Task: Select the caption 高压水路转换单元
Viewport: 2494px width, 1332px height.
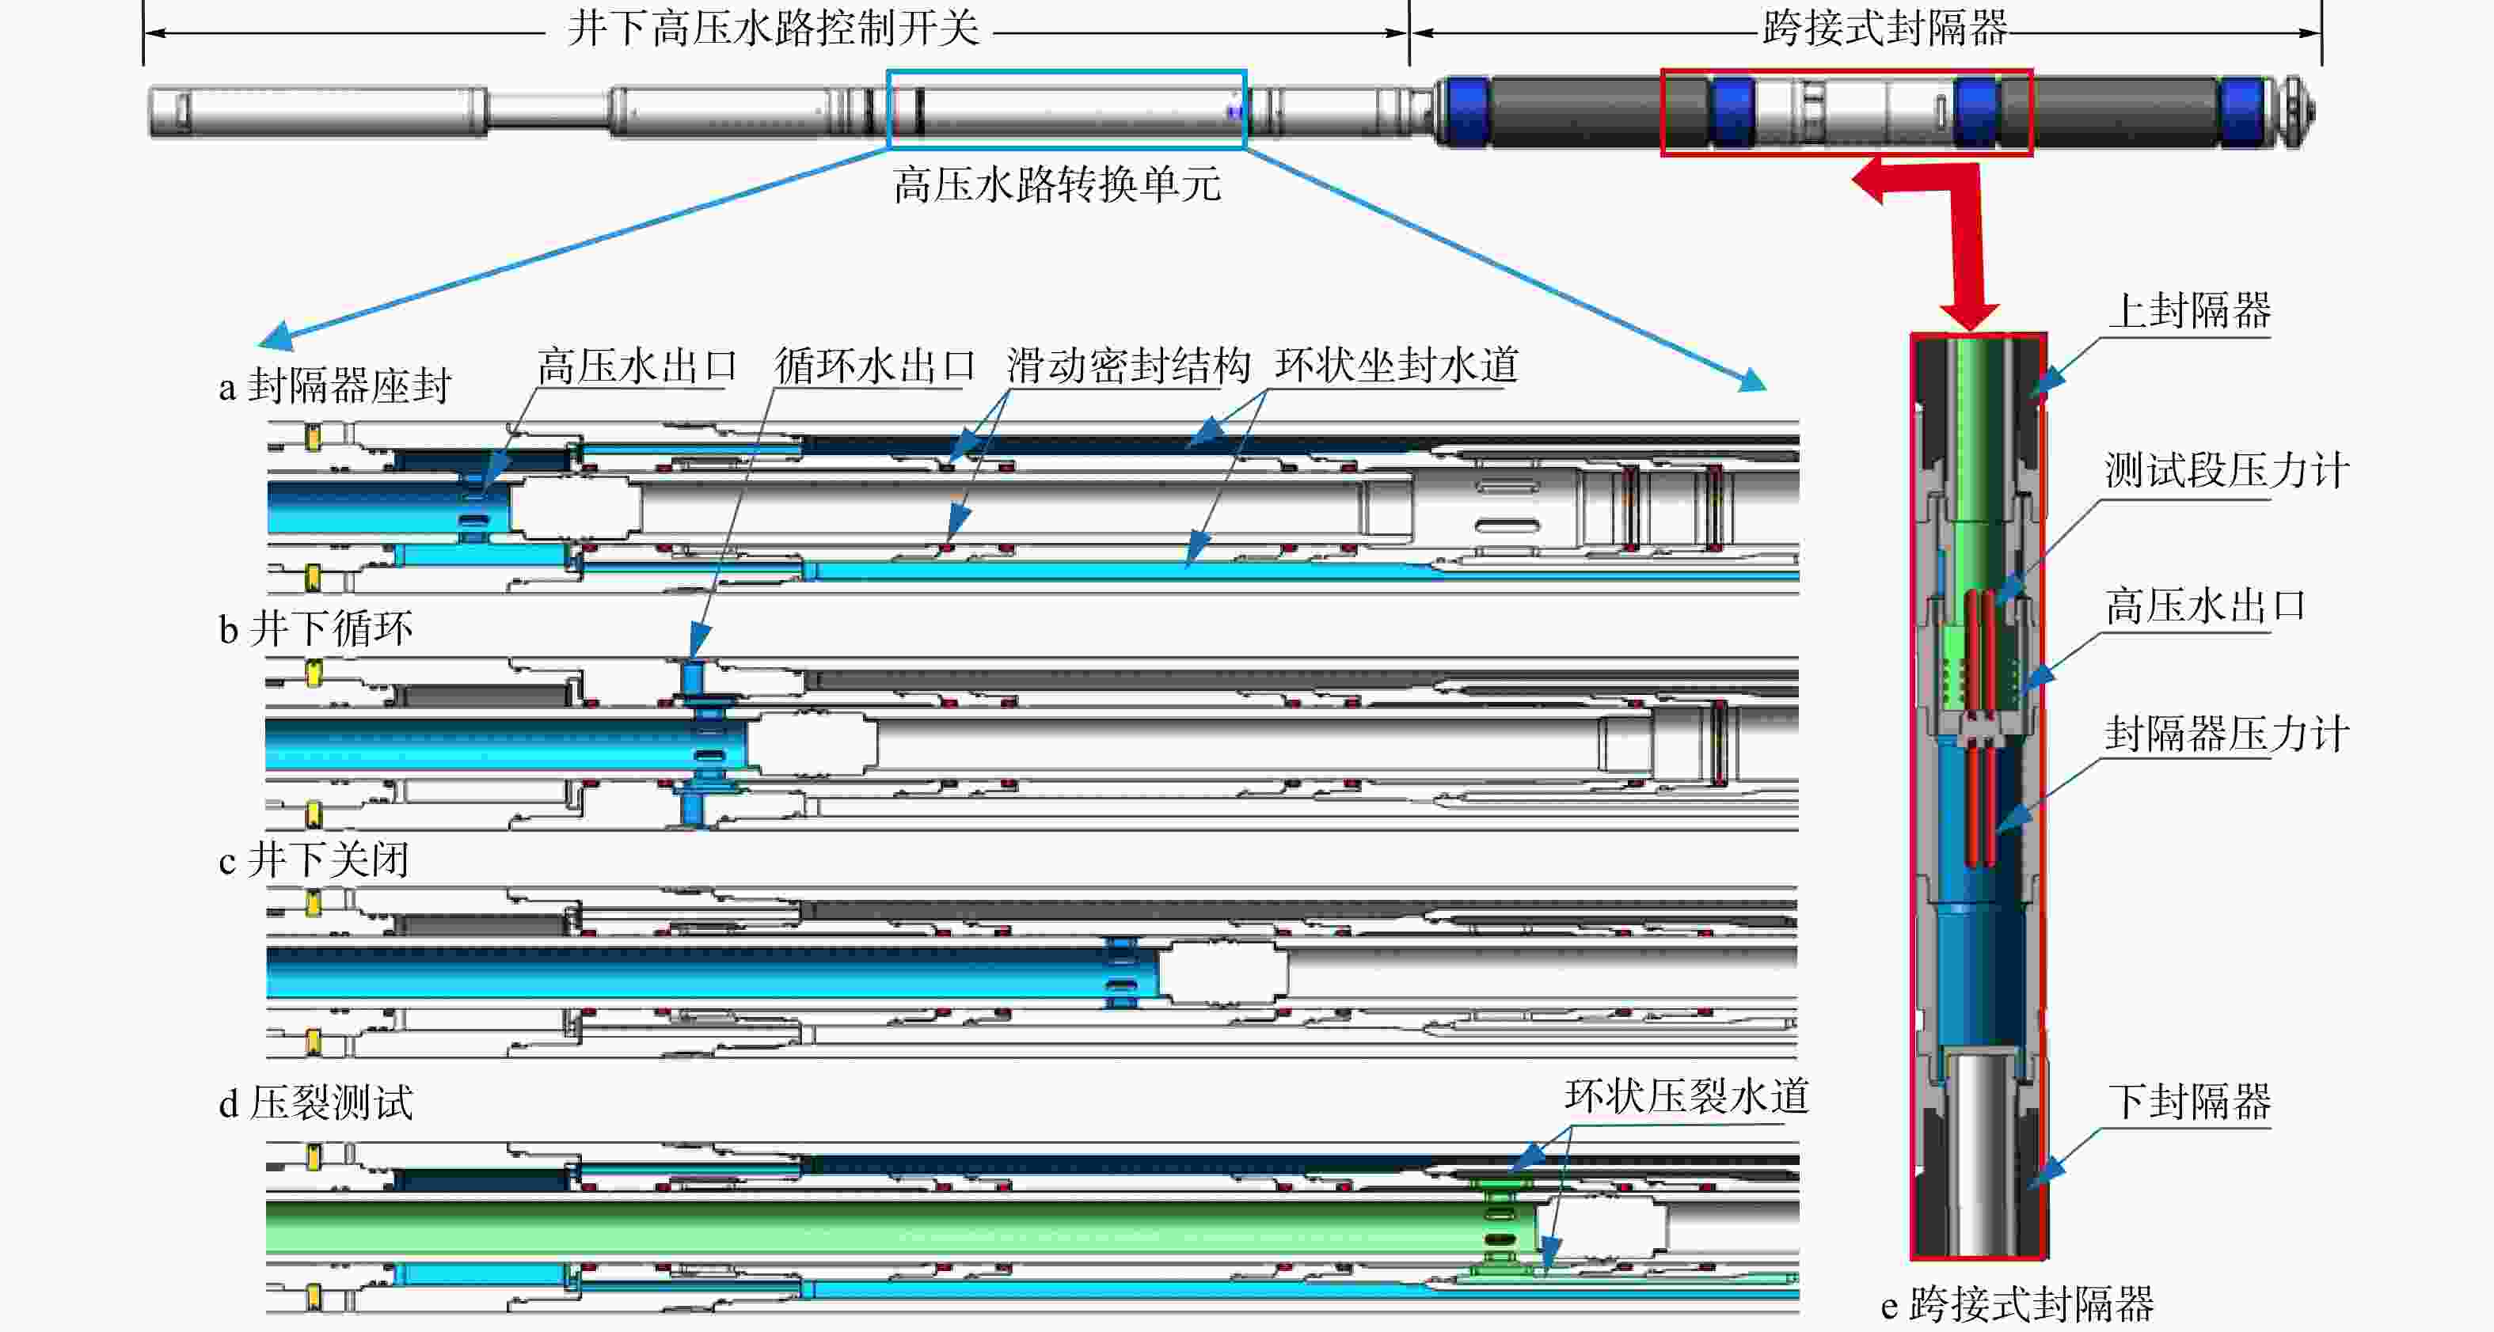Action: tap(1057, 184)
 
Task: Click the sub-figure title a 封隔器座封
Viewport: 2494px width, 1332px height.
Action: tap(335, 385)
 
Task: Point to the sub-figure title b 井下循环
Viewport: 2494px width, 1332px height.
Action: tap(316, 628)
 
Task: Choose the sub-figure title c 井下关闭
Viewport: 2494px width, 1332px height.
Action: tap(314, 860)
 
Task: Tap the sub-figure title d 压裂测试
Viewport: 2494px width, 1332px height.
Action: tap(316, 1102)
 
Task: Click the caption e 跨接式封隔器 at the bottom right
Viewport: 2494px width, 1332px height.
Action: tap(2017, 1304)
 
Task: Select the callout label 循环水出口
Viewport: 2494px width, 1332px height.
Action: tap(875, 366)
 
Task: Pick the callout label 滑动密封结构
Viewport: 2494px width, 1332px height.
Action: tap(1129, 366)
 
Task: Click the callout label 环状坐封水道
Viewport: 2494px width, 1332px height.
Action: tap(1396, 366)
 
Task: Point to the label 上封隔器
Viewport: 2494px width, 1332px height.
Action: tap(2190, 311)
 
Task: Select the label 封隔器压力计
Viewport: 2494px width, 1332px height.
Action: tap(2226, 734)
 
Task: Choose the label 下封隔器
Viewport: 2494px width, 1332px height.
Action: tap(2190, 1102)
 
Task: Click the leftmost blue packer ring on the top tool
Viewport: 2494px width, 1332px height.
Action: tap(1465, 112)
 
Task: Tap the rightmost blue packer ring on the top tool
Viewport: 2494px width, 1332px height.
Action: tap(2241, 112)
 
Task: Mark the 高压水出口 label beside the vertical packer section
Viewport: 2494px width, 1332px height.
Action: tap(2206, 606)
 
